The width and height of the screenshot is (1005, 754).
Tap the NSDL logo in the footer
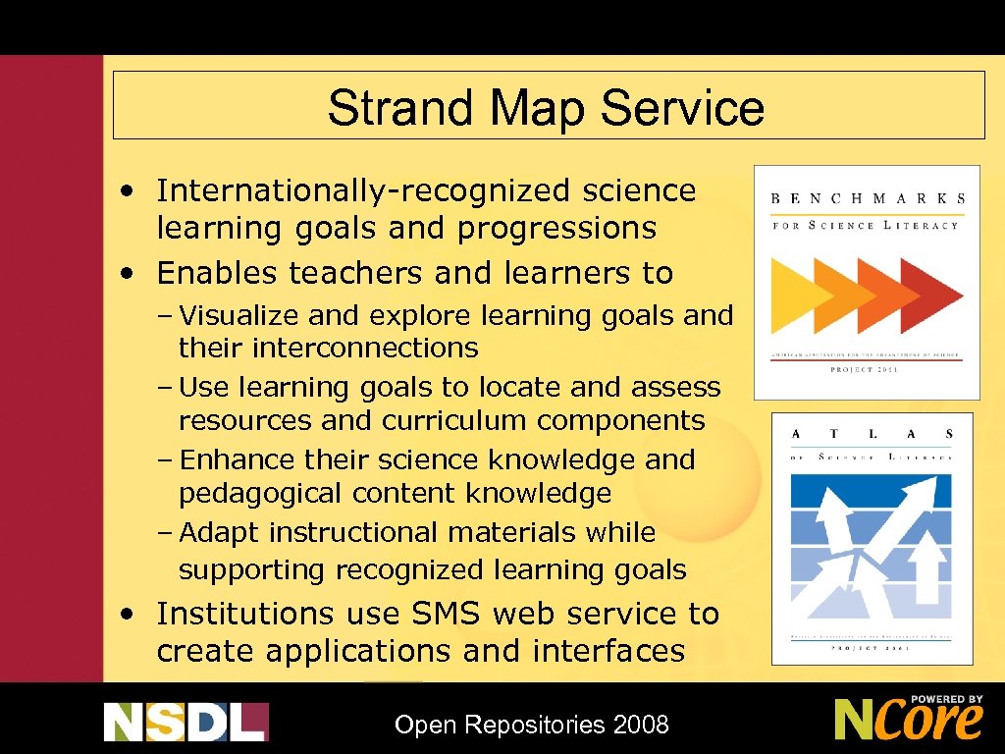tap(186, 722)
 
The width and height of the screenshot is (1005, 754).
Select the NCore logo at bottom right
tap(908, 719)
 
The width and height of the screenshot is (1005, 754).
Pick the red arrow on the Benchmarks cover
tap(932, 295)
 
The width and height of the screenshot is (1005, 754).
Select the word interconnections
tap(365, 349)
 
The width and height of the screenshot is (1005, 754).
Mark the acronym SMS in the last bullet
tap(448, 615)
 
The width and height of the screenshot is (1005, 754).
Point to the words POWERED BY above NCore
tap(947, 700)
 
